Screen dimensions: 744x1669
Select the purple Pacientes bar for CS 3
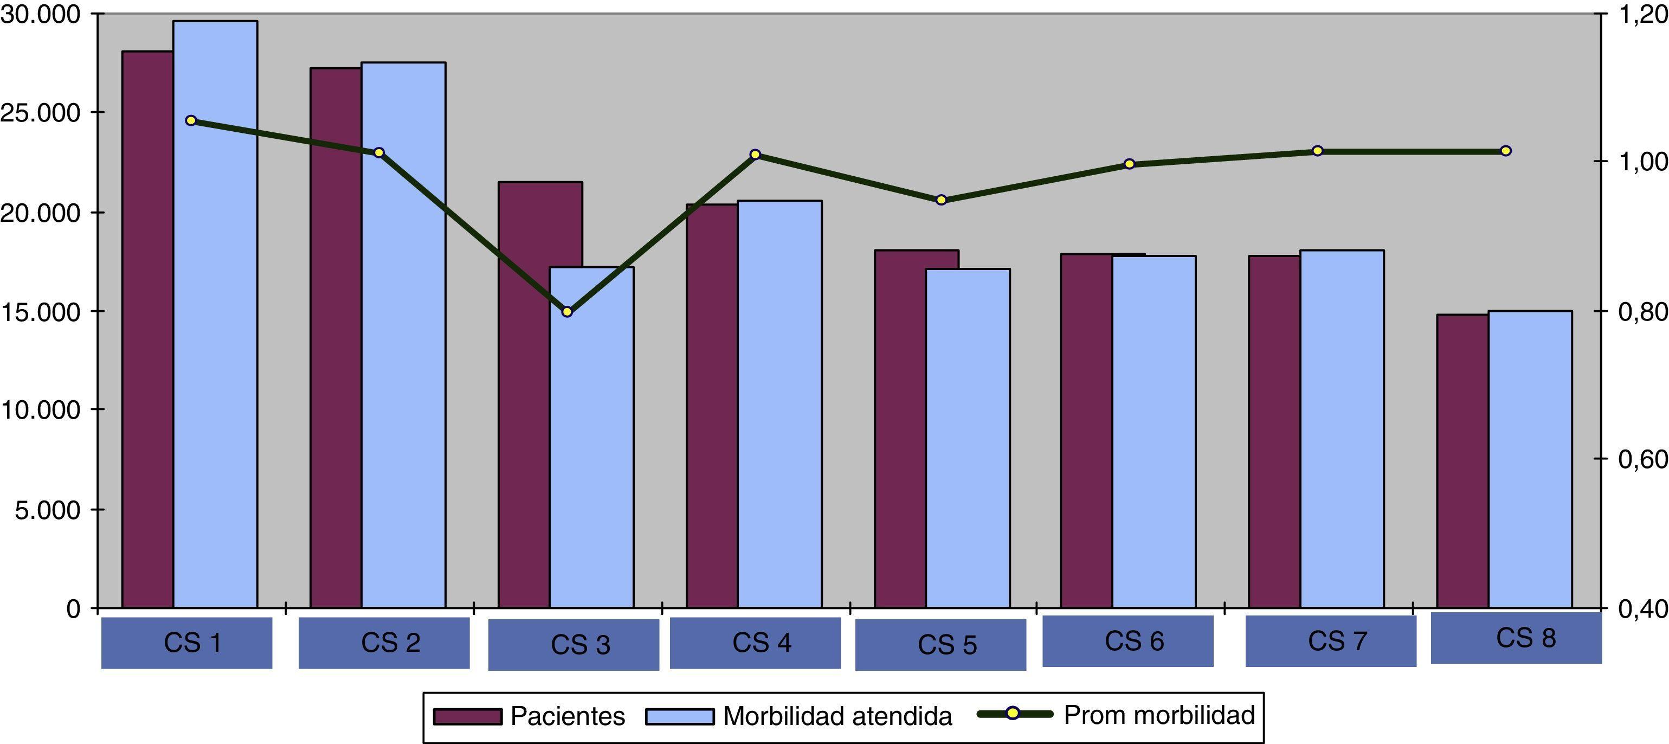[524, 395]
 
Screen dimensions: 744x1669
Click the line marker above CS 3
[567, 312]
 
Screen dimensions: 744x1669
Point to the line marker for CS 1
[190, 120]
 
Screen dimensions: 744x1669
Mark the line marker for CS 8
[1506, 151]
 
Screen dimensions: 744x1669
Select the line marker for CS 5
[942, 200]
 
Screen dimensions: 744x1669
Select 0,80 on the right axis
[1639, 312]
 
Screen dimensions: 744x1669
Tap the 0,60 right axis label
[1639, 459]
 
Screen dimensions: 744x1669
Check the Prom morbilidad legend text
[1159, 715]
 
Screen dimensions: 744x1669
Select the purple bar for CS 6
[1086, 431]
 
